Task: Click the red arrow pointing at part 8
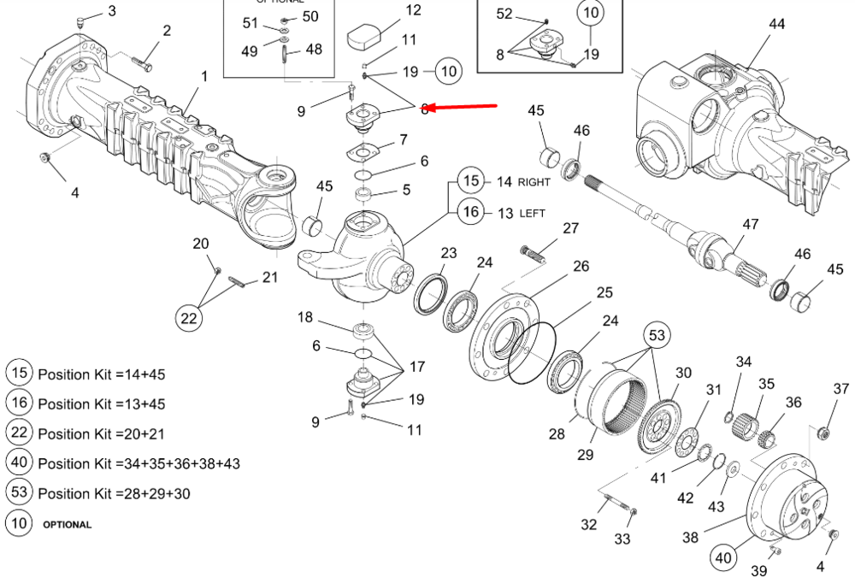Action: coord(462,107)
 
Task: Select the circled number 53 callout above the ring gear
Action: coord(656,334)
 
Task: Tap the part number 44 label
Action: coord(776,24)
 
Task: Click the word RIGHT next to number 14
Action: coord(534,182)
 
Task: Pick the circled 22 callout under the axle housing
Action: coord(190,318)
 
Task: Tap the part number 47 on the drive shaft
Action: coord(750,225)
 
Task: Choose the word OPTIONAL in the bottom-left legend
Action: coord(67,524)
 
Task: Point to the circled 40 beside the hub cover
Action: coord(724,558)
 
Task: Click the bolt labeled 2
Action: coord(143,62)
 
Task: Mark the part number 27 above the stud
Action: coord(570,228)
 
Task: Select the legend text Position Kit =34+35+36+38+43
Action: coord(139,463)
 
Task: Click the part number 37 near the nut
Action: coord(841,389)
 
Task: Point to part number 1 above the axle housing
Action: coord(204,76)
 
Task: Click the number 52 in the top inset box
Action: coord(504,14)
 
